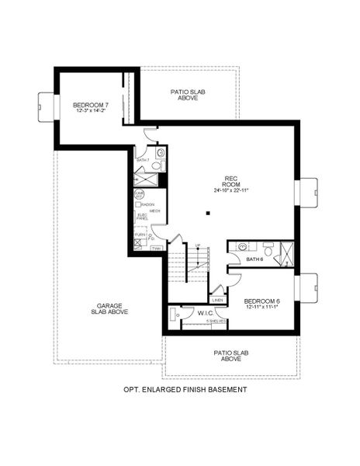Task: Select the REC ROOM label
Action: click(230, 179)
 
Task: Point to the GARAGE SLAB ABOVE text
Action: click(112, 308)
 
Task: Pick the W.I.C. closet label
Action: click(206, 314)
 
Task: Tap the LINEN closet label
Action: click(217, 300)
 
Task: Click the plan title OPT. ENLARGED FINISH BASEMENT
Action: click(185, 389)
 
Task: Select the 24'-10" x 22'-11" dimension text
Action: click(230, 190)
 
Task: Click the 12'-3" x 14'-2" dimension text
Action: click(89, 110)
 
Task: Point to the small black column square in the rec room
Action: click(207, 213)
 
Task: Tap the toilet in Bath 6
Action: click(268, 250)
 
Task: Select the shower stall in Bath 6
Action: click(286, 253)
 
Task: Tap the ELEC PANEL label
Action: click(142, 217)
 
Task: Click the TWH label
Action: click(156, 249)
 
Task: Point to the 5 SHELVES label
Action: click(216, 321)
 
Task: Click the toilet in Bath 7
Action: click(155, 165)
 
